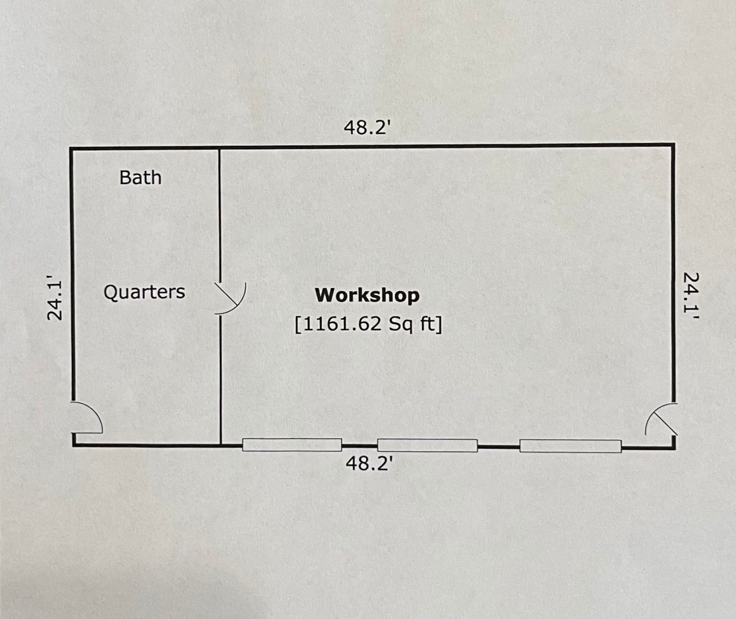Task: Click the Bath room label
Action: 140,178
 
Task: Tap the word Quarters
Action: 144,292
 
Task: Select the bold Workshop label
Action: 367,295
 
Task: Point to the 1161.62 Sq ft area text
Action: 369,324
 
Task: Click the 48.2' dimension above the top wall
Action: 367,128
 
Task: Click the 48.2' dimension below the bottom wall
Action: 369,463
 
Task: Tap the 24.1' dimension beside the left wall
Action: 54,298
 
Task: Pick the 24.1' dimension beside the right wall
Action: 691,295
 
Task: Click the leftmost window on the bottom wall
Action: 292,445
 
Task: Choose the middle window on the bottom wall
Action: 427,445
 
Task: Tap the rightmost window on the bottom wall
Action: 570,446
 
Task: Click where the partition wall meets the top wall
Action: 220,148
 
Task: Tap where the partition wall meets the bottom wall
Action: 221,445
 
